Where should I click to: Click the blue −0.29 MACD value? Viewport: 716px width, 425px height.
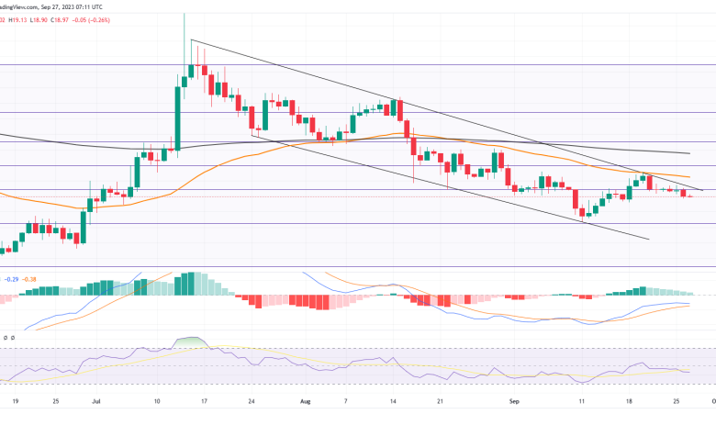point(11,278)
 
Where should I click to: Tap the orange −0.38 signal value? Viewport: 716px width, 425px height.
point(31,278)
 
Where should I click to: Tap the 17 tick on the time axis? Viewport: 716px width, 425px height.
point(202,401)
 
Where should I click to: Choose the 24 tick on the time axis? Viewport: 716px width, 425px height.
point(251,401)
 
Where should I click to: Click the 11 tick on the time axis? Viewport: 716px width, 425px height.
point(583,401)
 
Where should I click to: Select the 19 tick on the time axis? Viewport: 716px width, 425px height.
point(16,401)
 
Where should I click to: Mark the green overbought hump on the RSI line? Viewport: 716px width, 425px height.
point(190,342)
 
